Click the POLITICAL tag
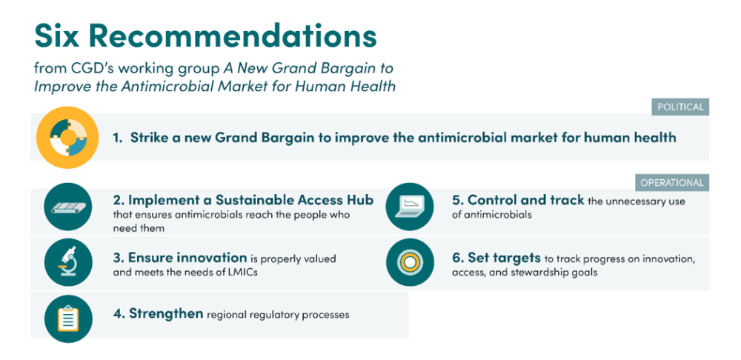point(680,107)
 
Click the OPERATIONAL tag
point(673,182)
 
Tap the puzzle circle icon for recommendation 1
point(67,138)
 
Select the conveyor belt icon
point(67,207)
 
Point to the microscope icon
point(67,261)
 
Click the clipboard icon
point(67,319)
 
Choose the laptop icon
point(410,207)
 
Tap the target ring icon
point(410,262)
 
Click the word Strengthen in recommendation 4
point(166,313)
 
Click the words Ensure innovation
point(187,258)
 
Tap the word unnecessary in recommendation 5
point(637,201)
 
